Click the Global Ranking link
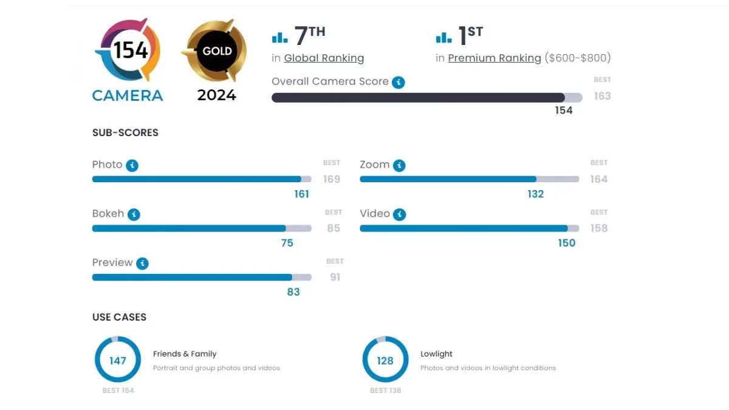[324, 58]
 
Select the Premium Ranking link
[495, 58]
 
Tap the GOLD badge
[217, 51]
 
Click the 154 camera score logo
[128, 50]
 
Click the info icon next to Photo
[132, 165]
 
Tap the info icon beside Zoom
[399, 165]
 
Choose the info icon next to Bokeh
[134, 214]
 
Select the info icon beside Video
[399, 214]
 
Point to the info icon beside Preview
[142, 264]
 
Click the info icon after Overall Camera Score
[398, 82]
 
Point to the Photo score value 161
[301, 194]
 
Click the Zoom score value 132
[536, 194]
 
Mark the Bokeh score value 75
[287, 243]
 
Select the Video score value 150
[566, 243]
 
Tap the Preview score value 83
[293, 292]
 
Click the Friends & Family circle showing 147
[118, 360]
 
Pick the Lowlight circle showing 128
[385, 360]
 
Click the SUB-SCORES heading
[125, 133]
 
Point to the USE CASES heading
[119, 317]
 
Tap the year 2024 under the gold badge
[217, 95]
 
